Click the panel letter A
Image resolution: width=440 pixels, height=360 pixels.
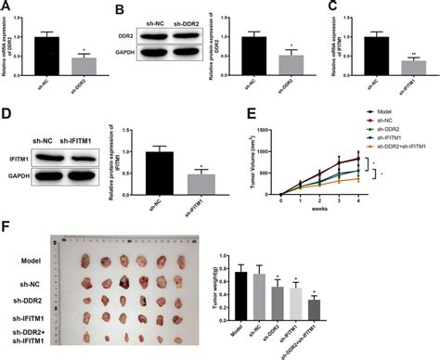(x=6, y=8)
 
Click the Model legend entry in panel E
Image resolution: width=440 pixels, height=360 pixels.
(x=382, y=110)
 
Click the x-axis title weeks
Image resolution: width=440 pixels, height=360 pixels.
(x=318, y=209)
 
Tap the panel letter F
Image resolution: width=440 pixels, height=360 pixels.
(x=6, y=224)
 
